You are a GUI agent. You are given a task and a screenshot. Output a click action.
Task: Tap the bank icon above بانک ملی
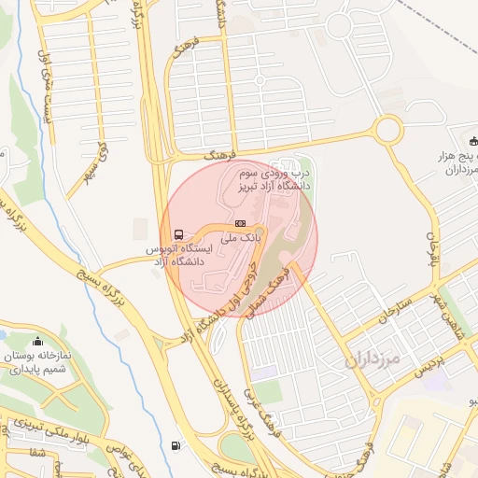[x=240, y=223]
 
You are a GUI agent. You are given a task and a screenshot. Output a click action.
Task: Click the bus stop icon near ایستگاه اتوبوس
[x=177, y=233]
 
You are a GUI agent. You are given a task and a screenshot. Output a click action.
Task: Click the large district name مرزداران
[x=371, y=358]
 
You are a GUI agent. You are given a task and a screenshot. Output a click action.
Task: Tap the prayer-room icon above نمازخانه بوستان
[x=37, y=341]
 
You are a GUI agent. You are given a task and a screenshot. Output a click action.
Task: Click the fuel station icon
[x=178, y=444]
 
